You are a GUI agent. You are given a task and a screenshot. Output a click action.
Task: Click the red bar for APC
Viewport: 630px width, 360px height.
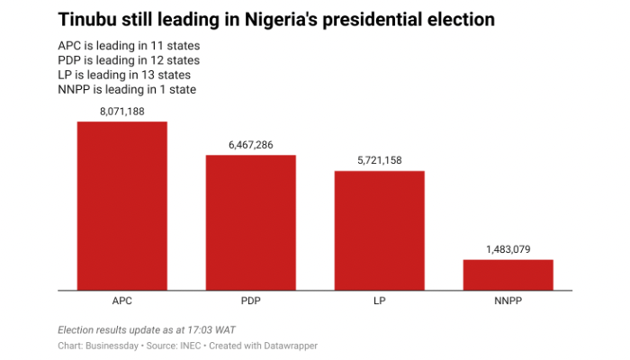121,205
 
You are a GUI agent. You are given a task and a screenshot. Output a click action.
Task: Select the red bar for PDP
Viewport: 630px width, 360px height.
250,222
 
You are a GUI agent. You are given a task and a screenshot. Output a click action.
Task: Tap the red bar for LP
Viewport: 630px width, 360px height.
379,230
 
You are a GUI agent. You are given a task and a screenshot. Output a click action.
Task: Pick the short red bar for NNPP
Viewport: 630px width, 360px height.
508,274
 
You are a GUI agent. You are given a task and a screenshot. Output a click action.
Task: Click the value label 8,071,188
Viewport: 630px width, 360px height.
121,112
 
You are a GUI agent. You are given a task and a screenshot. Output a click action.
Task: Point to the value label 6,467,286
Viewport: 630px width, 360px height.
250,145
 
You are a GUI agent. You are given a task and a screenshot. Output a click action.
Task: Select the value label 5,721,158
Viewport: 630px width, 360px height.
379,161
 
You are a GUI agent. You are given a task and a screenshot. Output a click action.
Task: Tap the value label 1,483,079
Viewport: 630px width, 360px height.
508,249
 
